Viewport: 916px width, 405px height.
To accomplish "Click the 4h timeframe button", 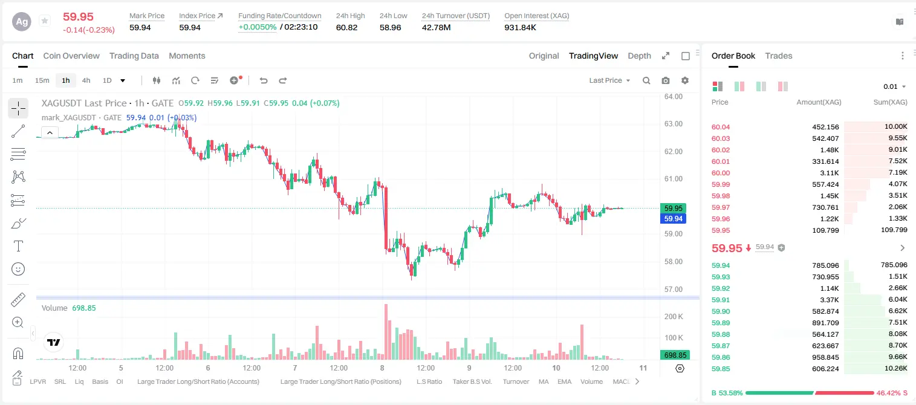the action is coord(86,80).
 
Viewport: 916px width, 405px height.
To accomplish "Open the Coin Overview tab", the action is coord(71,56).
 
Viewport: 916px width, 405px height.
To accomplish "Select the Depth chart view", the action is coord(639,56).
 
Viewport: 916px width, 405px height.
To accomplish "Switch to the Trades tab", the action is coord(779,56).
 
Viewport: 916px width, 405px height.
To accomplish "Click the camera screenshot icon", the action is coord(666,80).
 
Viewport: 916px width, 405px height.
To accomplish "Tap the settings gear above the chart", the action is coord(685,80).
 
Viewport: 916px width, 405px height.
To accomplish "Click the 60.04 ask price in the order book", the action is coord(721,127).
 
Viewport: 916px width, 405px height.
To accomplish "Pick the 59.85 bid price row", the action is coord(721,369).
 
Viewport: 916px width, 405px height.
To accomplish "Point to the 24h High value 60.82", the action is coord(347,27).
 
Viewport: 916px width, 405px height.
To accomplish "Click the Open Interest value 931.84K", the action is coord(520,27).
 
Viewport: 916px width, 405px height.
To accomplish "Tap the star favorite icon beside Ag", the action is coord(45,21).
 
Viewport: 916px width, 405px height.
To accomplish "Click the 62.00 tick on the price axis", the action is coord(674,151).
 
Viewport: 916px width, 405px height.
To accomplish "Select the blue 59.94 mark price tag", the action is coord(673,219).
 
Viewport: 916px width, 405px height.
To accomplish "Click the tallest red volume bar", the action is coord(386,332).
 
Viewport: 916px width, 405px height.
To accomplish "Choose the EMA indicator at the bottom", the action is coord(564,381).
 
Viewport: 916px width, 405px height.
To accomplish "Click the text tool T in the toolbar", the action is coord(18,246).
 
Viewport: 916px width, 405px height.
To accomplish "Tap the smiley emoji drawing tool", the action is coord(18,269).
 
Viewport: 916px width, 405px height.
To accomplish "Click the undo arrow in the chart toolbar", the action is coord(264,80).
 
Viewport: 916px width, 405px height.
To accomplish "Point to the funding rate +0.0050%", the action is coord(257,27).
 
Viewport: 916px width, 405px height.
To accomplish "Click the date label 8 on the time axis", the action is coord(382,368).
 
